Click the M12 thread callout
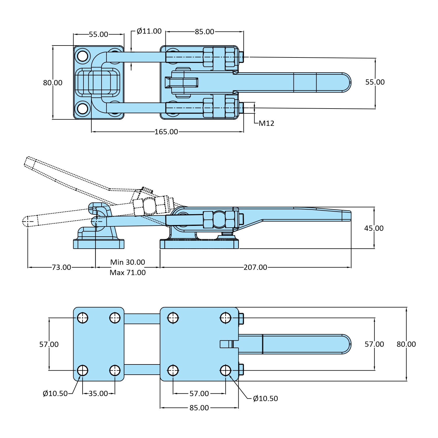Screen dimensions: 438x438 266,123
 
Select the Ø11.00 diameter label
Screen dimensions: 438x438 149,31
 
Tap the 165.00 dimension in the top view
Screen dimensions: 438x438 166,132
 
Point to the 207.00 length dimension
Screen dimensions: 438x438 255,267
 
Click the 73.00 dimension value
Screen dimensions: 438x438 61,267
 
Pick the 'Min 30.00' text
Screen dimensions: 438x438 128,262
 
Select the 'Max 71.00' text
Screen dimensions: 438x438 128,273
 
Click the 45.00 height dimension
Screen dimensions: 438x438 374,228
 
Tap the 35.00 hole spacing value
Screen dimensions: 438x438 98,394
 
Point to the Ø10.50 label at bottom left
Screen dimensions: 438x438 55,394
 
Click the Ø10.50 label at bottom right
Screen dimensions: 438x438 265,399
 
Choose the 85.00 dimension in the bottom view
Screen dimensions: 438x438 199,408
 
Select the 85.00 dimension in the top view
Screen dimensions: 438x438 205,32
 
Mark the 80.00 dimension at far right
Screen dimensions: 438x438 406,344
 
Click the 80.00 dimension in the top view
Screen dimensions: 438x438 53,83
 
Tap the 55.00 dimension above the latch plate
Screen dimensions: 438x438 98,34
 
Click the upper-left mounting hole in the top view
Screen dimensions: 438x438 83,56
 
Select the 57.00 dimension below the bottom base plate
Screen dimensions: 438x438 199,394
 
